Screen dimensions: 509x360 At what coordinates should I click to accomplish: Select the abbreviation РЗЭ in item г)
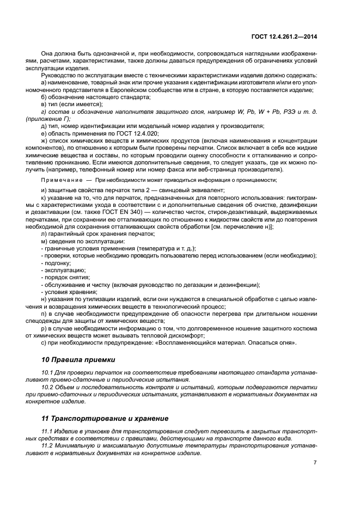[x=289, y=111]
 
